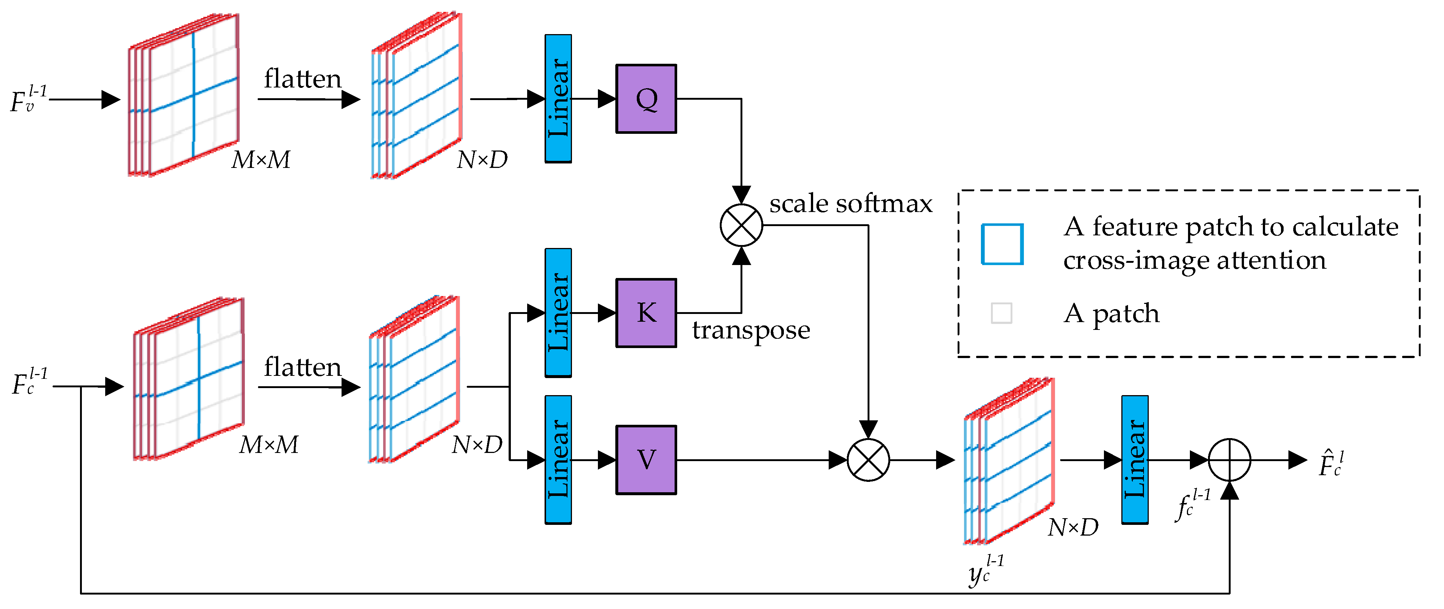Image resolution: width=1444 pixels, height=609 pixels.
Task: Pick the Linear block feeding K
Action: point(558,313)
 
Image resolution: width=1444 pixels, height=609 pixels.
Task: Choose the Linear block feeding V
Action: point(558,460)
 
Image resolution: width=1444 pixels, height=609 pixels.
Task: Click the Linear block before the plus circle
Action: point(1135,460)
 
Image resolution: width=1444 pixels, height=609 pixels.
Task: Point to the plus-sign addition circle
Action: point(1229,460)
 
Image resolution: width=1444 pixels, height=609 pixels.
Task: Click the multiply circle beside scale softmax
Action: point(741,225)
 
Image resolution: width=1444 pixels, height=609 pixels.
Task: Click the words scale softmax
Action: point(851,203)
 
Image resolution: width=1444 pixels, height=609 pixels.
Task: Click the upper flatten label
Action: point(303,79)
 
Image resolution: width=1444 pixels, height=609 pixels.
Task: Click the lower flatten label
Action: point(303,367)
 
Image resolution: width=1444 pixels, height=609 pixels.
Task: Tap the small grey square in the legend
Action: point(1001,313)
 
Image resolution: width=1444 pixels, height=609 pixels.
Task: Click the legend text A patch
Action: point(1111,313)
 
